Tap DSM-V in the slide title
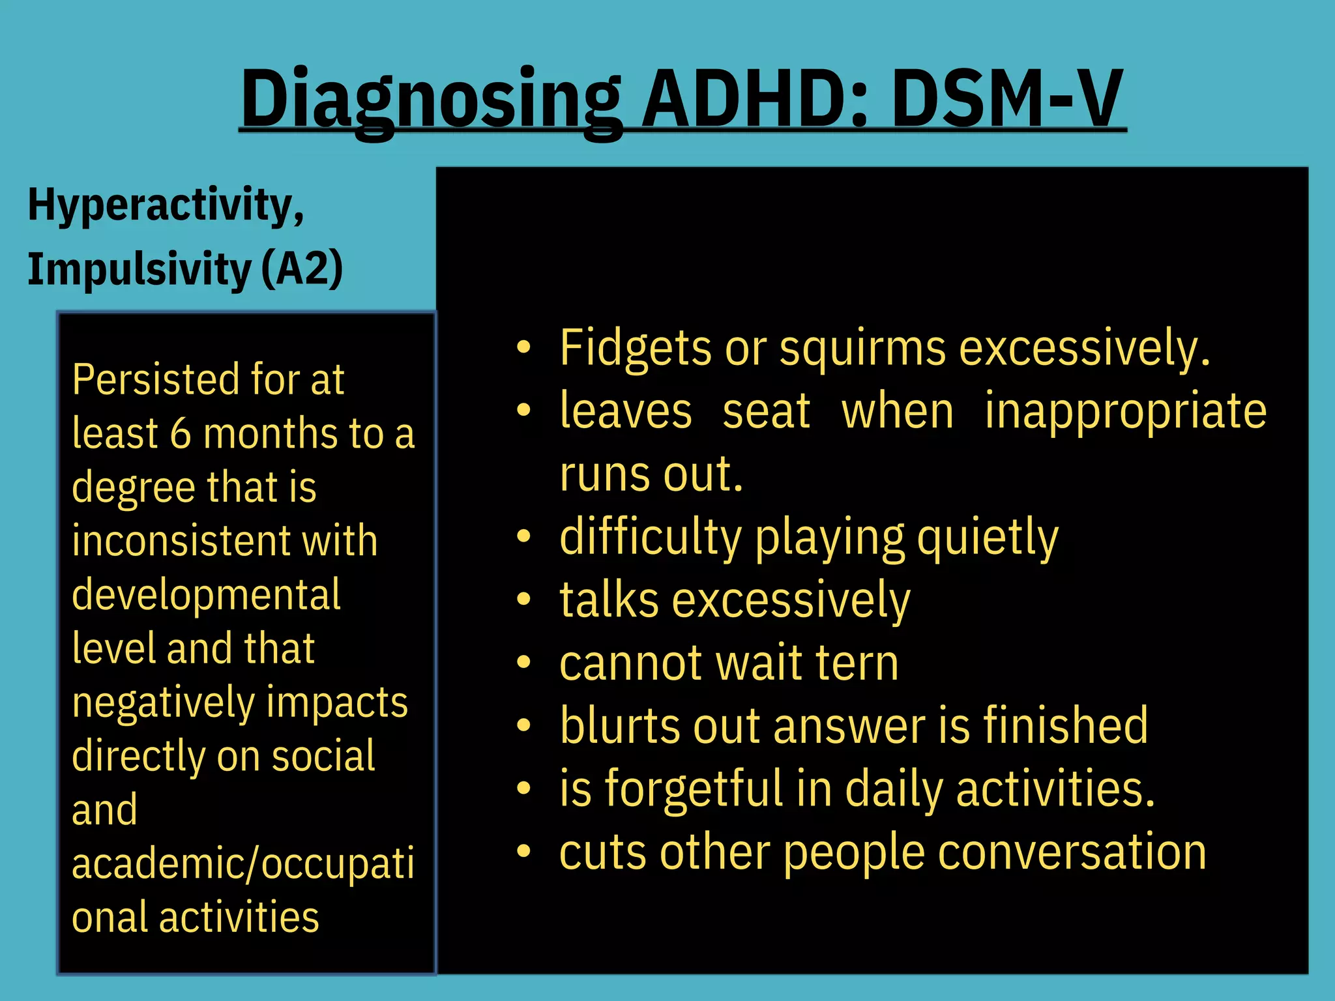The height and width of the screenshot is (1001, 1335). point(1007,99)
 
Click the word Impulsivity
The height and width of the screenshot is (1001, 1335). point(139,270)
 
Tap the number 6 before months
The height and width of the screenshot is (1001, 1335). point(181,434)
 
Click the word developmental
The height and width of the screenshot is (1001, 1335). point(206,596)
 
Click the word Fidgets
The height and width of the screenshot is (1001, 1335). point(636,349)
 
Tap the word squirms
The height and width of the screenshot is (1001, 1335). point(862,349)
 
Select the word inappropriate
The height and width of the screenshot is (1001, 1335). point(1126,413)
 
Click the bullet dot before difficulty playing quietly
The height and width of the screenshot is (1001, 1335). point(523,536)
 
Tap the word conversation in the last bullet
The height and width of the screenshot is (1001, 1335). point(1072,852)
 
